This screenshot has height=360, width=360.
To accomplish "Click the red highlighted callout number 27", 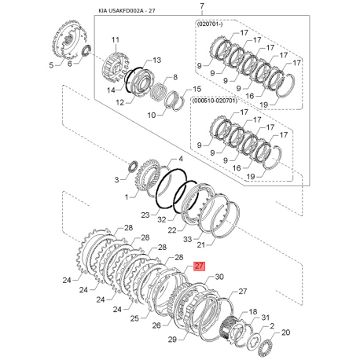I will tap(198, 266).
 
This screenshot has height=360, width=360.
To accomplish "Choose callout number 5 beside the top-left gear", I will tap(52, 67).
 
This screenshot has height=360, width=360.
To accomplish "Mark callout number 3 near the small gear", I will tap(119, 180).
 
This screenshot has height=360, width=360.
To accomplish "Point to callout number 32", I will tap(161, 220).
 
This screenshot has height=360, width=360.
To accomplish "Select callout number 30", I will tap(219, 277).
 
